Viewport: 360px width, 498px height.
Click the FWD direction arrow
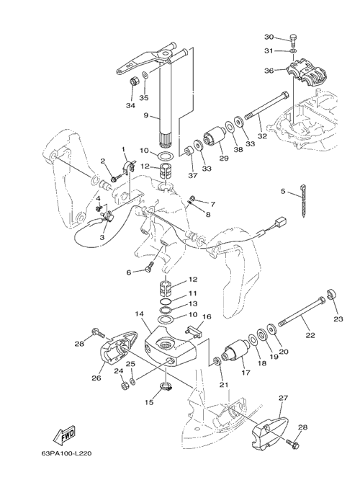[x=64, y=435]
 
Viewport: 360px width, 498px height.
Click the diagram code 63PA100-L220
[x=67, y=453]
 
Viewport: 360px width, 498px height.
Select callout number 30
[x=269, y=37]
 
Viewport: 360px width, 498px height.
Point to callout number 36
[x=269, y=71]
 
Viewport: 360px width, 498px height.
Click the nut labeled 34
[x=133, y=81]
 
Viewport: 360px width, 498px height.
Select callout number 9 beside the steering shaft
[x=146, y=115]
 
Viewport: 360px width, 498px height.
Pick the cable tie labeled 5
[x=304, y=201]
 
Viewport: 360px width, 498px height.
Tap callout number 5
[x=283, y=191]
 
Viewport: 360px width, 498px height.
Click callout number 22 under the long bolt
[x=310, y=334]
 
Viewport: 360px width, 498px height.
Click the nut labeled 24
[x=124, y=386]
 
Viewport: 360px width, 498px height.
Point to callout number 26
[x=96, y=378]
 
